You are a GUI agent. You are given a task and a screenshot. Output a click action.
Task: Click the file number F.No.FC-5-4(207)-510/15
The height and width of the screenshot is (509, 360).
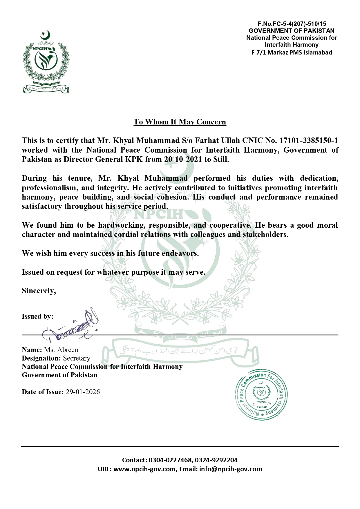[x=292, y=24]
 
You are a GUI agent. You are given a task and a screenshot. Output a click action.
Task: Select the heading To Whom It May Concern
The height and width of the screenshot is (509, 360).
[x=180, y=122]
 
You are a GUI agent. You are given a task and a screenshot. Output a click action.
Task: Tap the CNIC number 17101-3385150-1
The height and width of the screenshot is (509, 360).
[x=308, y=141]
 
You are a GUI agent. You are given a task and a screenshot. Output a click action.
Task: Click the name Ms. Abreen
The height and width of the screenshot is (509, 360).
[x=61, y=350]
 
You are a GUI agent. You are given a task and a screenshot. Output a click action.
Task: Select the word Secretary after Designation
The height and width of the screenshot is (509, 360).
[x=77, y=358]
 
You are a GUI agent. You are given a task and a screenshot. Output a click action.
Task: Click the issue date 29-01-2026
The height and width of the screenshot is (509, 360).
[x=83, y=392]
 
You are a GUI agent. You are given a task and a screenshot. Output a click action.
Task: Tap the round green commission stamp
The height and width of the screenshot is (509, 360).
[x=260, y=395]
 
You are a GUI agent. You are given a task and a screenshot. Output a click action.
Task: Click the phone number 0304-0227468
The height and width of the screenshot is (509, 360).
[x=170, y=460]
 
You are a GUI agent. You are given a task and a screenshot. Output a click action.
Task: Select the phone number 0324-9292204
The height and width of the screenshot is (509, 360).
[x=216, y=460]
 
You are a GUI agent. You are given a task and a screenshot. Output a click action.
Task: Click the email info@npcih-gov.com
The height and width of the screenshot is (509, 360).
[x=231, y=469]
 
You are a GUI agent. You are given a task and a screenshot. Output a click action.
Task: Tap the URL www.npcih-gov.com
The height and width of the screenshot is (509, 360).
[x=144, y=469]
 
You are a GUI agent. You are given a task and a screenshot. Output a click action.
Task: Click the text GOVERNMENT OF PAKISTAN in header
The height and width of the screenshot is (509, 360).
[x=291, y=31]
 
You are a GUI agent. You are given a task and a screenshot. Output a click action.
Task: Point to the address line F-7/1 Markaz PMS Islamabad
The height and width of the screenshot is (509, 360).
[x=291, y=52]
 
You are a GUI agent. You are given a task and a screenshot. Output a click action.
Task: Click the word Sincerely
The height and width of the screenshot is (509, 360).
[x=39, y=291]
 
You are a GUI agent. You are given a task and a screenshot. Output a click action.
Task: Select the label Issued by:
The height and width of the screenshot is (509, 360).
[x=37, y=316]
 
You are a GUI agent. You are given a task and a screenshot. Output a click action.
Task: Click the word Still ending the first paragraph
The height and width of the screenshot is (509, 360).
[x=220, y=160]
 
